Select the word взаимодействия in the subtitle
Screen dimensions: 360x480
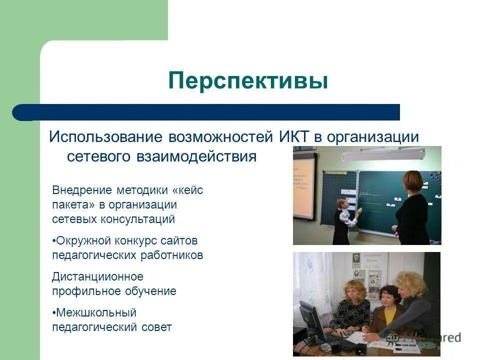pyautogui.click(x=196, y=156)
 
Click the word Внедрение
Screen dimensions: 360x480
pyautogui.click(x=81, y=191)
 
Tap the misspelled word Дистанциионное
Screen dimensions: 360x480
pyautogui.click(x=97, y=276)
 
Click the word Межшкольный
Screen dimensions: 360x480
pyautogui.click(x=96, y=313)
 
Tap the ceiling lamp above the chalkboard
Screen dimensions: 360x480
pyautogui.click(x=371, y=156)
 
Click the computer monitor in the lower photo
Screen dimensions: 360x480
pyautogui.click(x=310, y=320)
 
